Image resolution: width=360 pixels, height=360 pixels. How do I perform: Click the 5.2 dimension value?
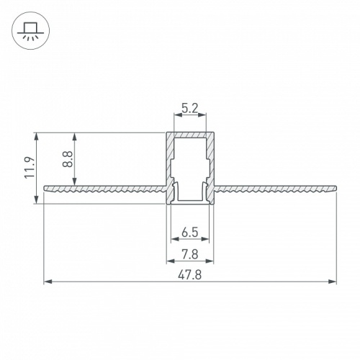click(190, 109)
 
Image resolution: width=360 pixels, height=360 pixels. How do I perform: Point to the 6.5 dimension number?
click(190, 232)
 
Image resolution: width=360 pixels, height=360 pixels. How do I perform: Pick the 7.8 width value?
click(190, 253)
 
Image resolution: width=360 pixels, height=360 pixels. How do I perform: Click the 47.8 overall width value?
click(190, 274)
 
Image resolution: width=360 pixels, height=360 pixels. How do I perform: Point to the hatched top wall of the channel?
click(190, 135)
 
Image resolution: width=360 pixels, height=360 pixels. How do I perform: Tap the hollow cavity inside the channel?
click(190, 166)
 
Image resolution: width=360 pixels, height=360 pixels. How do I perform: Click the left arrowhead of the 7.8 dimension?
click(170, 260)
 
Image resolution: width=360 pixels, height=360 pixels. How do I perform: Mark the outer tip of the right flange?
click(336, 189)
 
